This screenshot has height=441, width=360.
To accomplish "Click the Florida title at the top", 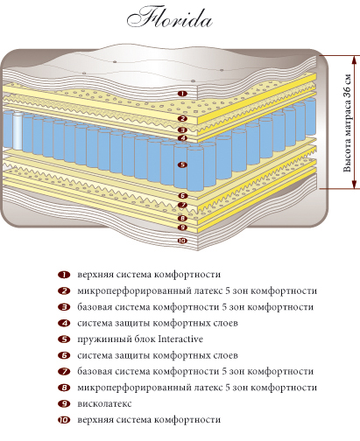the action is [x=169, y=17].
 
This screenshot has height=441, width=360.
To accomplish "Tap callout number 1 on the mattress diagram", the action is [x=182, y=94].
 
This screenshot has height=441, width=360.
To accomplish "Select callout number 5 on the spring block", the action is [x=182, y=164].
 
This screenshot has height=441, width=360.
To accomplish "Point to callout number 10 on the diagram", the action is [x=182, y=241].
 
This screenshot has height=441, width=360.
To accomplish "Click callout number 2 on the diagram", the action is [x=182, y=118].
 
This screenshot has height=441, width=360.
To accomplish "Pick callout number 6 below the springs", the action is [x=183, y=196].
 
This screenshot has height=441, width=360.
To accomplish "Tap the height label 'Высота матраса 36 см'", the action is [x=347, y=122].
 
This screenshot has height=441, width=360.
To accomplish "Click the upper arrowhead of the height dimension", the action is [x=355, y=59].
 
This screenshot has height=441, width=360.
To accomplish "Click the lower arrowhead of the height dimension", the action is [x=355, y=184].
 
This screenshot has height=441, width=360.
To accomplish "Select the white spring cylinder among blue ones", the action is [x=18, y=130].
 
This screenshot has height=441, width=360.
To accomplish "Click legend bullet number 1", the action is [x=64, y=275].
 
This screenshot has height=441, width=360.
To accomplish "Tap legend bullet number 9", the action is [x=64, y=404].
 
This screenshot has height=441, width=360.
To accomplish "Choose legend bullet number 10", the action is [x=64, y=420].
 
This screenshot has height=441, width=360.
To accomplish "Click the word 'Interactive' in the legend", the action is [x=180, y=339].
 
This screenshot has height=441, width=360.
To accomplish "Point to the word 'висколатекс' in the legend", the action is [x=104, y=404].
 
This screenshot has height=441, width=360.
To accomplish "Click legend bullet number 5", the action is [x=64, y=339].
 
